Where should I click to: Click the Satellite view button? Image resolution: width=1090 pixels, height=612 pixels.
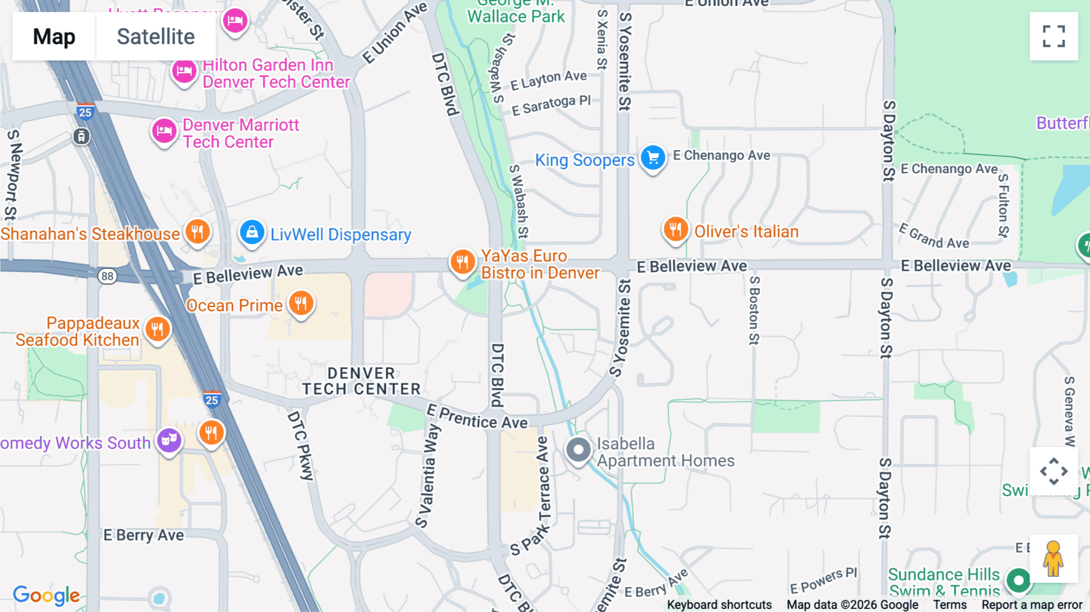(x=156, y=36)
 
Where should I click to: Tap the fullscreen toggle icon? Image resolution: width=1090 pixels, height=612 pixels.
(x=1054, y=36)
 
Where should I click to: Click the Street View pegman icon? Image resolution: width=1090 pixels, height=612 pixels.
(x=1054, y=558)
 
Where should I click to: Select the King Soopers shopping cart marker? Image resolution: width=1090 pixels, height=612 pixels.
(x=653, y=158)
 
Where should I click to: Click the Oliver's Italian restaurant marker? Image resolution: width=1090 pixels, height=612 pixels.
(x=675, y=230)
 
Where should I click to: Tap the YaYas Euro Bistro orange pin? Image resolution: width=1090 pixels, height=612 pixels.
(x=462, y=262)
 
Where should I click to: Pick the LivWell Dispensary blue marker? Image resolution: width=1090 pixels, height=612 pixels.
(x=252, y=233)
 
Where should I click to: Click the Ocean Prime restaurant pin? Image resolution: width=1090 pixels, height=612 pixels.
(x=301, y=302)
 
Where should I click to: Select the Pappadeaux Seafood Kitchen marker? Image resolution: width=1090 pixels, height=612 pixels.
(x=157, y=330)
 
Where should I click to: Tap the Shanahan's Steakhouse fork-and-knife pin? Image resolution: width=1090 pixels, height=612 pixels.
(x=197, y=231)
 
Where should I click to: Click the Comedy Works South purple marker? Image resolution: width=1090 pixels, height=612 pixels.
(x=169, y=440)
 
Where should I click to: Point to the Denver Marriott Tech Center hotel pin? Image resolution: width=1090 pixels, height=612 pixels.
(x=163, y=131)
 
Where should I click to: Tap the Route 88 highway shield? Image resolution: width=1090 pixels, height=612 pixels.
(x=107, y=276)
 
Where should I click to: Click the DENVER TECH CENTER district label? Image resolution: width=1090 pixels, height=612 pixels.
(x=361, y=381)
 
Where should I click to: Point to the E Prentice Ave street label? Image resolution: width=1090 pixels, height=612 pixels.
(x=477, y=417)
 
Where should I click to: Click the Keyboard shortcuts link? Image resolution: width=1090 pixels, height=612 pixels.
(x=719, y=605)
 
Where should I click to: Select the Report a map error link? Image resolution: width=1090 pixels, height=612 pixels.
(x=1031, y=605)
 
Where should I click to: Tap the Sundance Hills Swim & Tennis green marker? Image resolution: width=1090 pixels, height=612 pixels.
(x=1019, y=580)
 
